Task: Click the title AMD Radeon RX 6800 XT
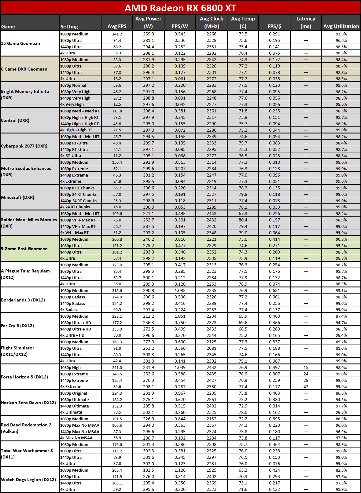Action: tap(180, 8)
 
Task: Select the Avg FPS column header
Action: tap(117, 26)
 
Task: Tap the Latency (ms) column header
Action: tap(306, 22)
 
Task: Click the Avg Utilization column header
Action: tap(341, 26)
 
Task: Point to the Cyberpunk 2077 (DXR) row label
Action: tap(24, 146)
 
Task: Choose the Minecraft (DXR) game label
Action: tap(18, 197)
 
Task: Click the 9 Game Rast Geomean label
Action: tap(24, 249)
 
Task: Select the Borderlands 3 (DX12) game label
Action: tap(23, 300)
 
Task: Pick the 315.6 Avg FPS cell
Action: tap(117, 290)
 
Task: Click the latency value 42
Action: tap(306, 387)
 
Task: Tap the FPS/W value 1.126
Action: tap(180, 470)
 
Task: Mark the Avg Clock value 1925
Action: tap(212, 470)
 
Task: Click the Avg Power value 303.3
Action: tap(149, 355)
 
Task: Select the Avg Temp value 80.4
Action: tap(243, 220)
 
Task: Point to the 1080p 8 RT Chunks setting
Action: tap(77, 188)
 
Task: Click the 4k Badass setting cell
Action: tap(69, 309)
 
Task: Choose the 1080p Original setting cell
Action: tap(74, 393)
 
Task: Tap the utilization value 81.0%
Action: tap(341, 348)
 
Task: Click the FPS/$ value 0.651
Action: tap(274, 290)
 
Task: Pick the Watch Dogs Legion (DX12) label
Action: tap(28, 480)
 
